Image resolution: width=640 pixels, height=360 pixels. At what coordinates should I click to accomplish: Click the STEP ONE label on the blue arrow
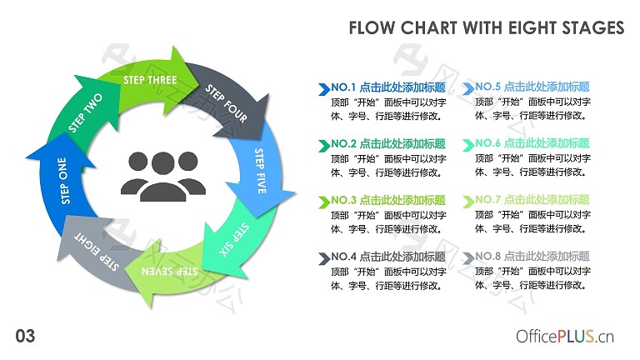pyautogui.click(x=64, y=181)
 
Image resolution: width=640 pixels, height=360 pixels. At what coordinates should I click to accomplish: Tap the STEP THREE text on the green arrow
pyautogui.click(x=150, y=80)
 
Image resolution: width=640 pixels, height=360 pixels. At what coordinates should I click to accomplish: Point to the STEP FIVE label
pyautogui.click(x=260, y=171)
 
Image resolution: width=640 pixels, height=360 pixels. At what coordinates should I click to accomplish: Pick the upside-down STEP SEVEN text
pyautogui.click(x=169, y=271)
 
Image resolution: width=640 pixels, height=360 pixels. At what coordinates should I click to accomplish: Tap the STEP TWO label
pyautogui.click(x=85, y=112)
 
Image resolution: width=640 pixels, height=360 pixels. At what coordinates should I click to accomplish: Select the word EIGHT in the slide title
pyautogui.click(x=532, y=27)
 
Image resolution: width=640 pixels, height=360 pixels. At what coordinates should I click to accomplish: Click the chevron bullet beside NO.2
pyautogui.click(x=324, y=146)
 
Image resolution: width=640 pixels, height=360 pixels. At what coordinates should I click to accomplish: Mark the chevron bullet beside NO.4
pyautogui.click(x=324, y=258)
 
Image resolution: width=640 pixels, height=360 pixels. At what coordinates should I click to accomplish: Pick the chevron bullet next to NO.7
pyautogui.click(x=468, y=202)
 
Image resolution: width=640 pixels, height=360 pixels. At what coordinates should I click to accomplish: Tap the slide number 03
pyautogui.click(x=25, y=336)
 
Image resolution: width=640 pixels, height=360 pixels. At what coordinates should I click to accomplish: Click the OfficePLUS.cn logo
pyautogui.click(x=565, y=337)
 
